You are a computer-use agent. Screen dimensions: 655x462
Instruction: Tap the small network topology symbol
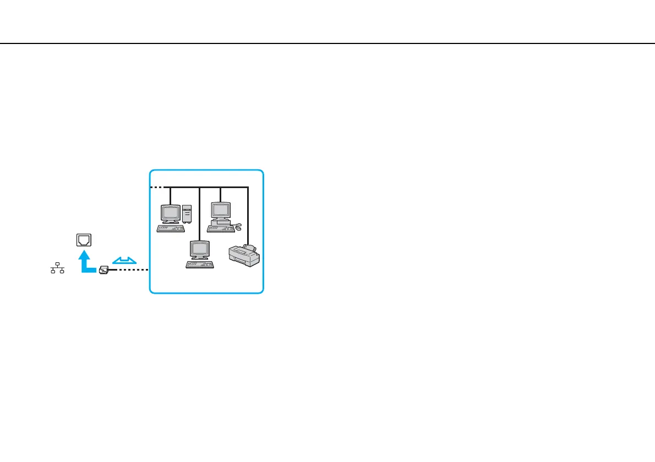coord(58,268)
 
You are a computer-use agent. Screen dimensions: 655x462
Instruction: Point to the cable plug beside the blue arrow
coord(104,269)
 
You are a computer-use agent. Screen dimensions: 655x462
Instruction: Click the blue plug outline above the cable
coord(123,259)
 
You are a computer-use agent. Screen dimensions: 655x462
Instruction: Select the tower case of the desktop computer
coord(187,213)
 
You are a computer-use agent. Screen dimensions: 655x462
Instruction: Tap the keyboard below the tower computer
coord(171,228)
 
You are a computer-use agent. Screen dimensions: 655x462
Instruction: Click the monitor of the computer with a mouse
coord(221,211)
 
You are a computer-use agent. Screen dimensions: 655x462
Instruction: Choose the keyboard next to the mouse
coord(220,228)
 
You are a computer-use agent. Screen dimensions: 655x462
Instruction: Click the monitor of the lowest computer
coord(199,250)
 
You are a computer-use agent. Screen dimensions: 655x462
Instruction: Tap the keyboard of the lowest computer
coord(200,265)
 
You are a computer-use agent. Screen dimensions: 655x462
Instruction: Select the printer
coord(244,256)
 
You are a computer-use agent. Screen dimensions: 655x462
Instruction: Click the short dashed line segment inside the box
coord(156,188)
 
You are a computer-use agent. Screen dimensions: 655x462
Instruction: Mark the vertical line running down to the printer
coord(248,215)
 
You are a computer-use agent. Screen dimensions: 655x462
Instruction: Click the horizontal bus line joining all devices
coord(209,188)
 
